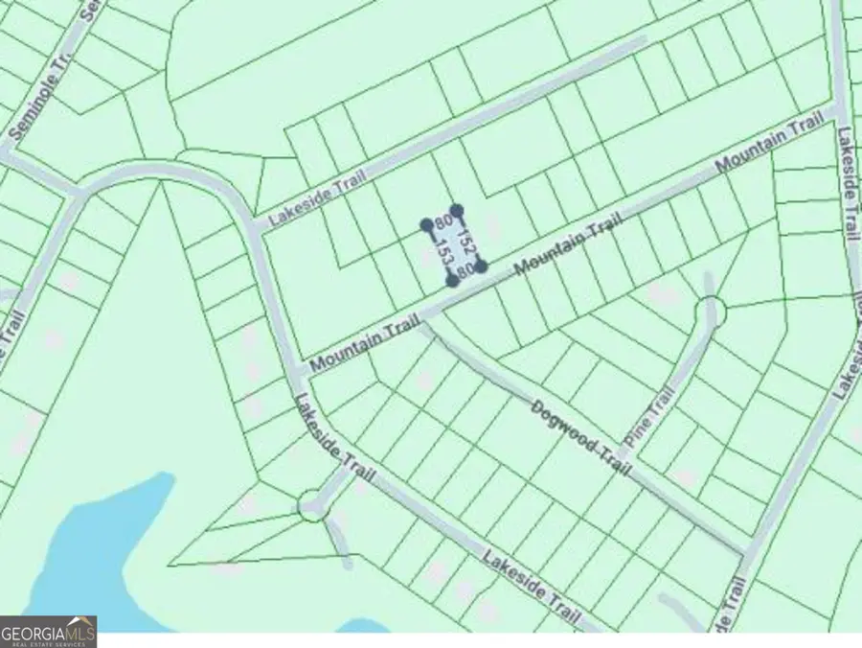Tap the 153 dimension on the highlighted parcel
442,254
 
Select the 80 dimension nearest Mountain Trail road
465,272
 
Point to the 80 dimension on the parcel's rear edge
442,222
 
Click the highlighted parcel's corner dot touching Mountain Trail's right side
481,266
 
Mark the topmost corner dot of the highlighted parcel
458,210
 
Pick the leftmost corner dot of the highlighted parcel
427,225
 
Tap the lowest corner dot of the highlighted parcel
452,281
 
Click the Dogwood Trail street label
582,437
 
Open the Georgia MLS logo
48,632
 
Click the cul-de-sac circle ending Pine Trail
710,311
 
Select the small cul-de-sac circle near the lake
312,505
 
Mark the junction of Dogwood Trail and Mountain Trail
422,320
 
